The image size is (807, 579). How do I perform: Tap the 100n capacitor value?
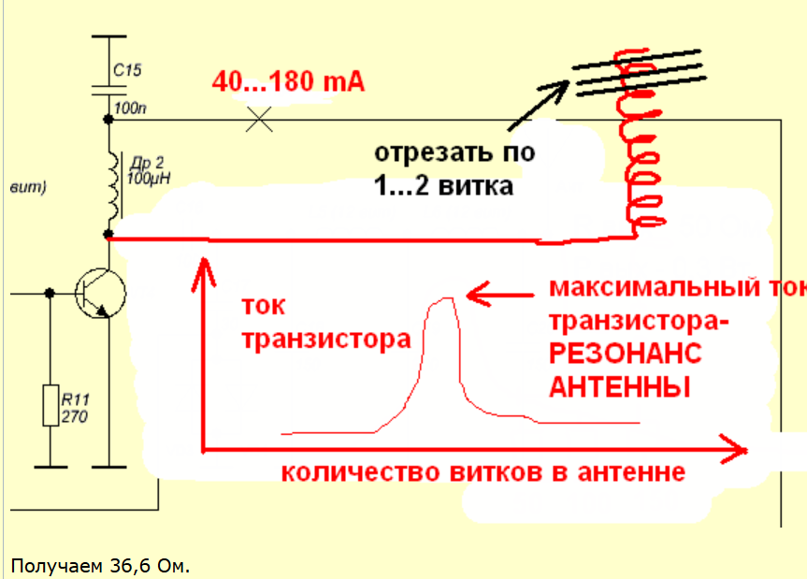130,109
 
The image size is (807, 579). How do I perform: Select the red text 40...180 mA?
287,81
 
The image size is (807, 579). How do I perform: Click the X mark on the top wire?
259,119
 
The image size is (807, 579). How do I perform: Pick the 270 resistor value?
75,416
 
